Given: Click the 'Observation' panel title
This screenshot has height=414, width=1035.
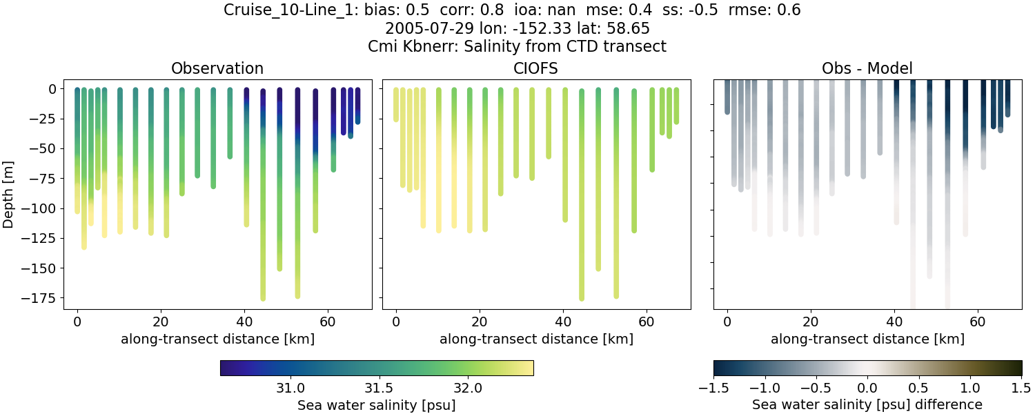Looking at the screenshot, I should pos(217,68).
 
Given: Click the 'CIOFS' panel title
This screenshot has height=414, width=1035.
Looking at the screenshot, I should pos(536,68).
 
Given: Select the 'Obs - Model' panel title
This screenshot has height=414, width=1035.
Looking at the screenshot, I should pos(867,68).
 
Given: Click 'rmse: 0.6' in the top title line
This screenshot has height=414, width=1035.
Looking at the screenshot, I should pos(766,10).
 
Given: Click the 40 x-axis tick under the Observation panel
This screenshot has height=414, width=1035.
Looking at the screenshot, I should pos(244,322).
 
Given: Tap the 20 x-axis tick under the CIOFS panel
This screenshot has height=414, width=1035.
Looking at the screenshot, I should pos(479,322).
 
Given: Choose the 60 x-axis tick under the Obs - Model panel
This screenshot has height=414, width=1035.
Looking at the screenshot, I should pos(978,322).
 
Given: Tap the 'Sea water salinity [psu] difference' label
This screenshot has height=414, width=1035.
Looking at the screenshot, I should pos(867,404).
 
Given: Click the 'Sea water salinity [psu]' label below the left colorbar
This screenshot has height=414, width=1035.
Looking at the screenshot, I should pos(376,405).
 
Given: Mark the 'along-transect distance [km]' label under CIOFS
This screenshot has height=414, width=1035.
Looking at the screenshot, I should pos(536,339).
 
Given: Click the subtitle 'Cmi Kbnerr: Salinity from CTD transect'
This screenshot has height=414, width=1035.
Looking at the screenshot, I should pos(517,47).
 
